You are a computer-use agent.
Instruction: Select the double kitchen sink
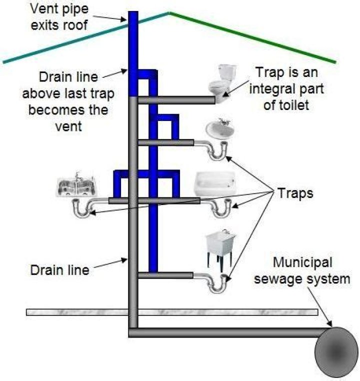76,186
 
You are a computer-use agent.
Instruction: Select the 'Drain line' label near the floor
59,270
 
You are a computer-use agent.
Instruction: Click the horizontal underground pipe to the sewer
225,332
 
